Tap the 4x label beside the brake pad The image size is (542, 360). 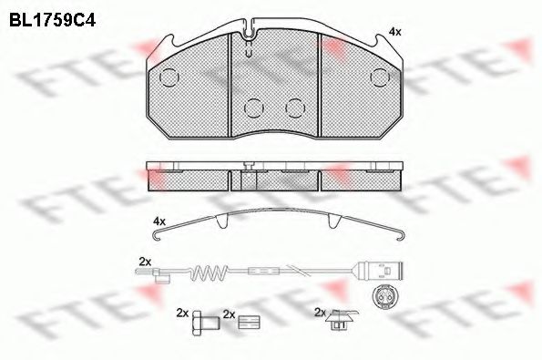click(394, 32)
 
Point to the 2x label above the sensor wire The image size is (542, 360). click(143, 262)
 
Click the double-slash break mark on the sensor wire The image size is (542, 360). click(293, 271)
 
